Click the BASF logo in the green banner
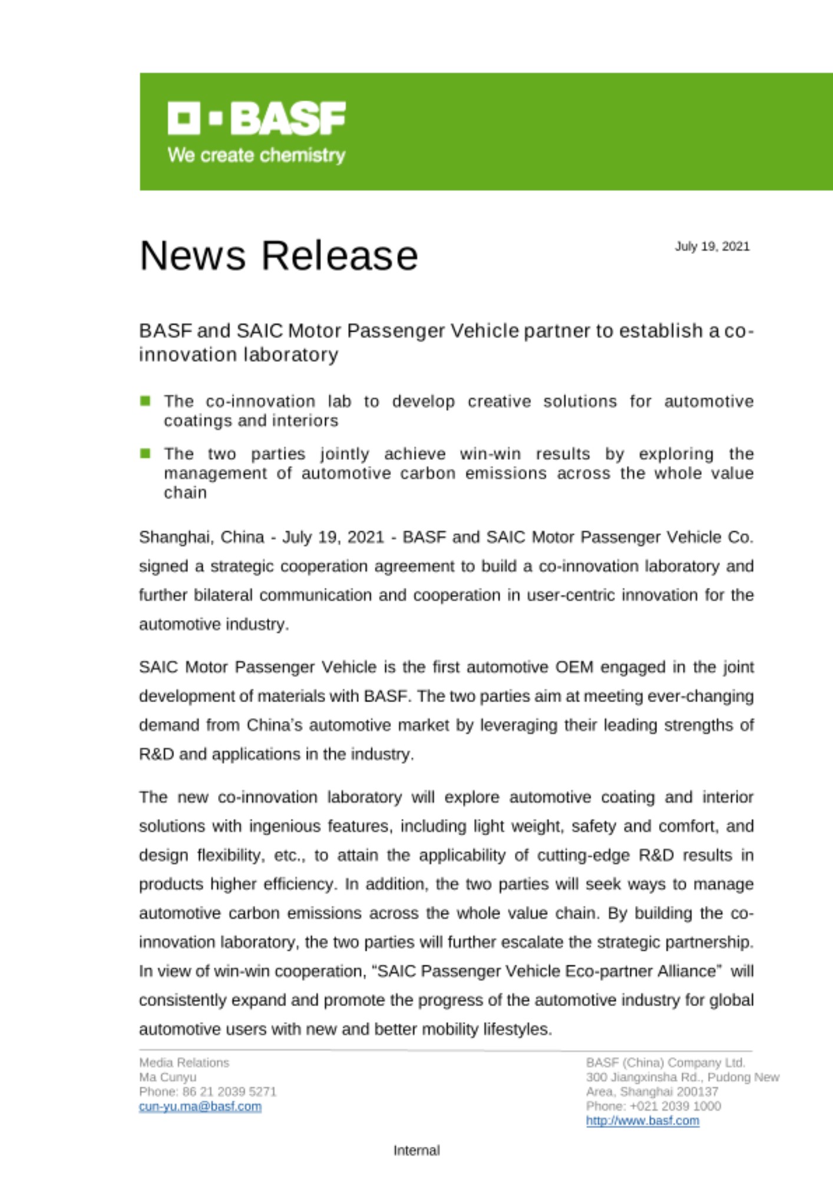(256, 118)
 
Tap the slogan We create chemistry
(256, 155)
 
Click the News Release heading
(279, 256)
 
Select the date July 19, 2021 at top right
(712, 246)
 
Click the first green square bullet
(146, 401)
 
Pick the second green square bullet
(146, 454)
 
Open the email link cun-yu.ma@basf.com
(200, 1106)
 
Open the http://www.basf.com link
(642, 1120)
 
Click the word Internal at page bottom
(416, 1150)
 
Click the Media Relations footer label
(184, 1063)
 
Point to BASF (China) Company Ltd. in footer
(665, 1063)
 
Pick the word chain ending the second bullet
(185, 492)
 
